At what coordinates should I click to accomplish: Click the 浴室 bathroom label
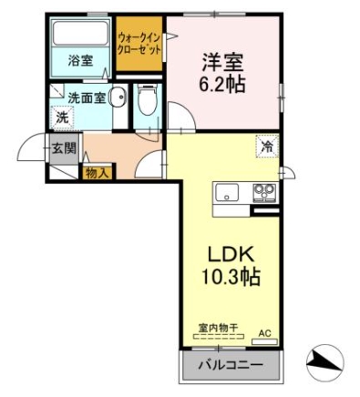pos(80,61)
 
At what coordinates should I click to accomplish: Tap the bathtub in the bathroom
pos(80,33)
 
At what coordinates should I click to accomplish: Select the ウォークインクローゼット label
pos(139,44)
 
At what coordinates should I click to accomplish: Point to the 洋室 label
pos(222,63)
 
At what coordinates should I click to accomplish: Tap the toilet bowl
pos(148,99)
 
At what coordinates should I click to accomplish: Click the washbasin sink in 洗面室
pos(118,97)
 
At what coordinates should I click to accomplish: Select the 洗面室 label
pos(87,97)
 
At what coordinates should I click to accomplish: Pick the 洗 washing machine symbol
pos(63,117)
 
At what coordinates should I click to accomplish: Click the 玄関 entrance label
pos(64,148)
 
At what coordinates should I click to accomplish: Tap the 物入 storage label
pos(97,173)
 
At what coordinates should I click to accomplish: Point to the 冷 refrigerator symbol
pos(267,147)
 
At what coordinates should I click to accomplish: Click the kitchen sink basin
pos(227,193)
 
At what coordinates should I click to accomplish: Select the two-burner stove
pos(264,193)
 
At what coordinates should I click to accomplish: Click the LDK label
pos(231,254)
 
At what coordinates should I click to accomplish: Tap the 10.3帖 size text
pos(231,276)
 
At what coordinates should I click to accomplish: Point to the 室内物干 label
pos(218,328)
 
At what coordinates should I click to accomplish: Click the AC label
pos(264,333)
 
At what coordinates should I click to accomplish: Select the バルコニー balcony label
pos(231,365)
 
